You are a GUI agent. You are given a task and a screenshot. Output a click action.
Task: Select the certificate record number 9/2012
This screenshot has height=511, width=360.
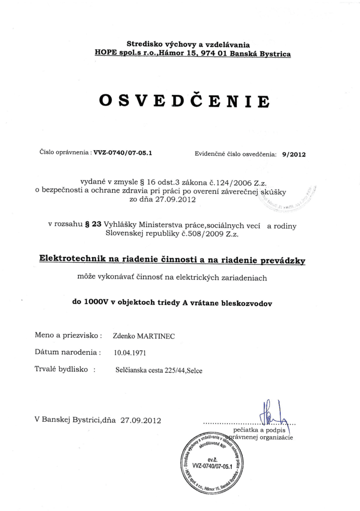[x=293, y=154]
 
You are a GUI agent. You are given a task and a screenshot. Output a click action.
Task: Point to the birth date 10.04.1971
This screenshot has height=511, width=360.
[x=130, y=353]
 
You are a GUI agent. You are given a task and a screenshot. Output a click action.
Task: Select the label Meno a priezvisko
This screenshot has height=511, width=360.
[x=69, y=335]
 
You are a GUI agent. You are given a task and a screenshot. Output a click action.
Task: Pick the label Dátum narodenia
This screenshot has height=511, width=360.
[x=68, y=352]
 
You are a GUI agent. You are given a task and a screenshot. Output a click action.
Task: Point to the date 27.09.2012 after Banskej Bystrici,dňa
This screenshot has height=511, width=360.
[x=141, y=420]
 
